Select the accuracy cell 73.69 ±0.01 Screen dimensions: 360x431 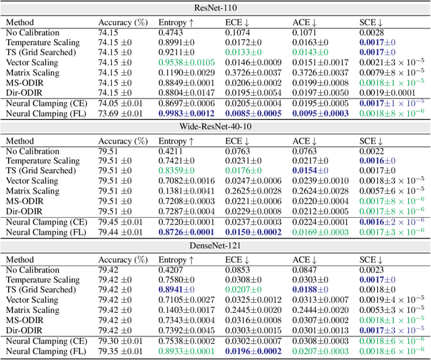[x=121, y=114]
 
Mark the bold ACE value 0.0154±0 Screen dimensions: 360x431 [x=312, y=172]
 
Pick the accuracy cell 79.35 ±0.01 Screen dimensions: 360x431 [x=121, y=352]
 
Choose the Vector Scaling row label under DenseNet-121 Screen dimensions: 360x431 [x=34, y=301]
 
